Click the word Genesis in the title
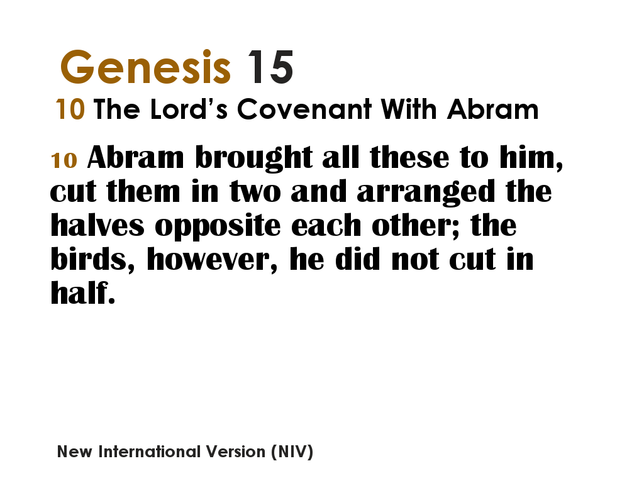145,67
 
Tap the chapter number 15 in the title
270,67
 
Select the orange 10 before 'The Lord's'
70,110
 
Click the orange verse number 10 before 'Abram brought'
64,160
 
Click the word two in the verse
256,192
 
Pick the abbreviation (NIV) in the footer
292,452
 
